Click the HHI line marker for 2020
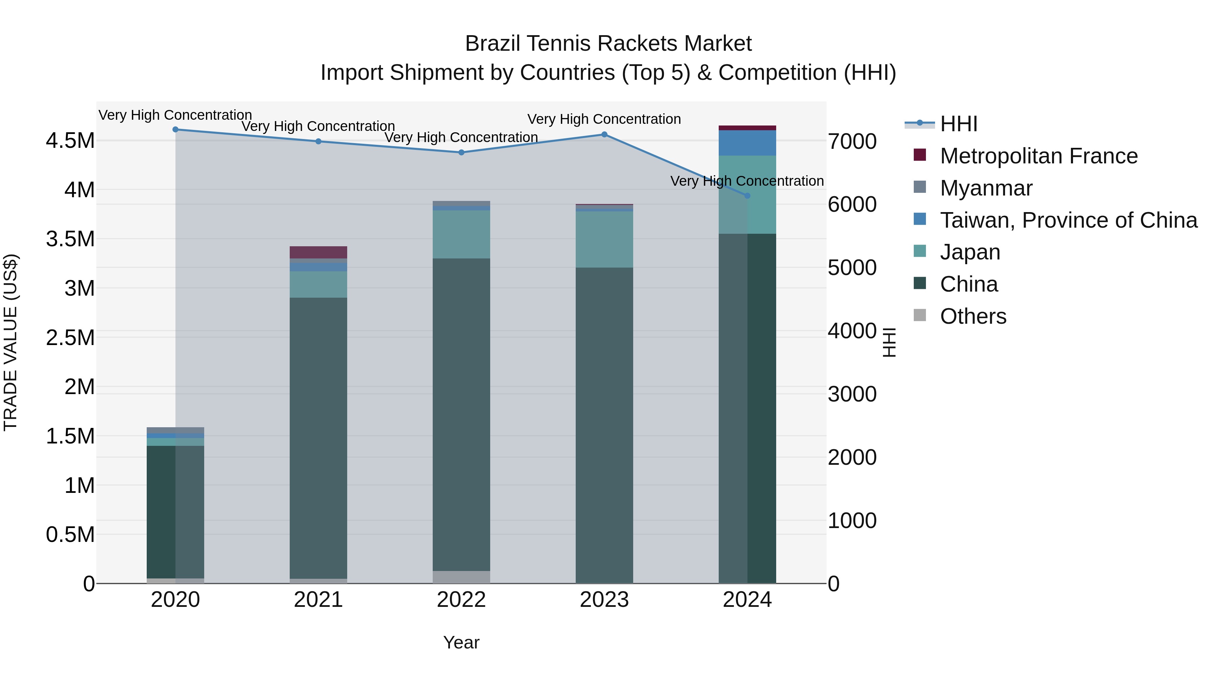coord(175,130)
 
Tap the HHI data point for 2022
coord(461,152)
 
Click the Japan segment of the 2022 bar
coord(461,234)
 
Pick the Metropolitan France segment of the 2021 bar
coord(318,252)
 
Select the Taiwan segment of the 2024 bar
coord(747,143)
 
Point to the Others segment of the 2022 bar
coord(461,577)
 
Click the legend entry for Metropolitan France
coord(1039,156)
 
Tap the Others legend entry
coord(973,316)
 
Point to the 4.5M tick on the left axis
coord(70,141)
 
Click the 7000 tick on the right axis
coord(852,141)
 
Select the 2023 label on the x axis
coord(604,600)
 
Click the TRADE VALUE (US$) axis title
coord(10,342)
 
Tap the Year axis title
coord(461,642)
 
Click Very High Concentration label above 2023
coord(604,119)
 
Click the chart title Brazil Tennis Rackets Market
coord(608,44)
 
